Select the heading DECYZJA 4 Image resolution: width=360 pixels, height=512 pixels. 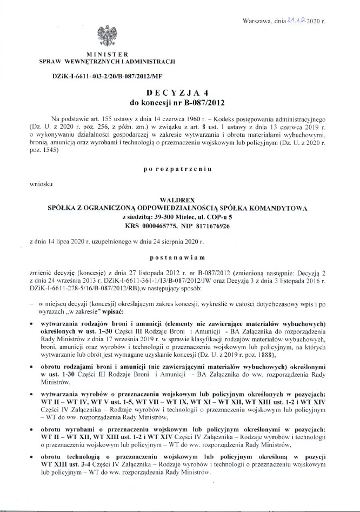[x=178, y=92]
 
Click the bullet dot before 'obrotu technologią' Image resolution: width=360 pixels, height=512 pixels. [x=33, y=457]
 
